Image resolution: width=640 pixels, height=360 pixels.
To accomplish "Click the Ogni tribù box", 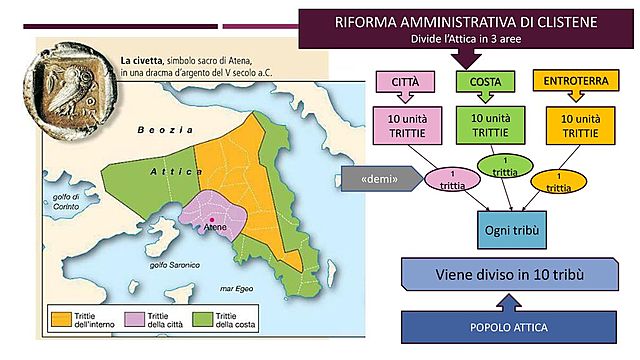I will (513, 230).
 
